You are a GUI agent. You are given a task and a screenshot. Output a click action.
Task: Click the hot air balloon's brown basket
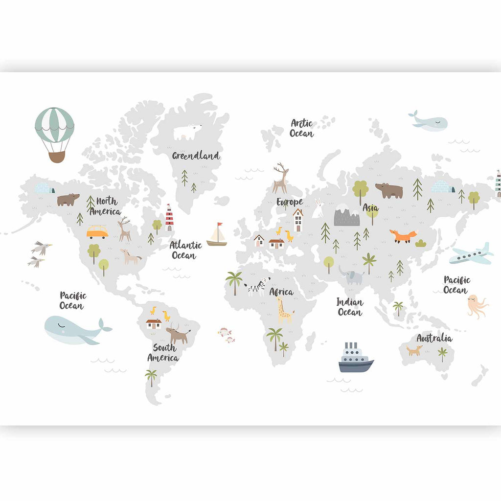(57, 156)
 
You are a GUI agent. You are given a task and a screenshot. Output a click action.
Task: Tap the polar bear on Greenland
(187, 132)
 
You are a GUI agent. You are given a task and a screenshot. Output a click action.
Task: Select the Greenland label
(196, 156)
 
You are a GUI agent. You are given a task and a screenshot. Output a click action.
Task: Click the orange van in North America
(97, 231)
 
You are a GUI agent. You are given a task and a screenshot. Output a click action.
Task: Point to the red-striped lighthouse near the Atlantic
(169, 218)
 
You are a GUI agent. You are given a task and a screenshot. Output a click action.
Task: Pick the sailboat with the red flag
(217, 235)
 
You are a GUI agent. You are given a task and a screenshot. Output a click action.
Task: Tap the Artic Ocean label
(301, 128)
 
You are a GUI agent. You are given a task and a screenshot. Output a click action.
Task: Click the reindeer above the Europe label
(281, 179)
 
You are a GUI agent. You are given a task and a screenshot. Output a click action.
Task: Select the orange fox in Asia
(403, 236)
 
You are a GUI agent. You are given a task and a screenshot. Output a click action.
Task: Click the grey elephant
(352, 276)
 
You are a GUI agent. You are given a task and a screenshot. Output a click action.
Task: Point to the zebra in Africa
(257, 286)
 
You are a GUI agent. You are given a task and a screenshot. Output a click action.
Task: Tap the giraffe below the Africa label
(284, 311)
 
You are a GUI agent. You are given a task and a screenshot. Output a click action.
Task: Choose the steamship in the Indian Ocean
(356, 359)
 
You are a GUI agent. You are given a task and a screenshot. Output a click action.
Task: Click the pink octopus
(476, 306)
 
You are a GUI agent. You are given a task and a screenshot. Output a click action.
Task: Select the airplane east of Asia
(471, 254)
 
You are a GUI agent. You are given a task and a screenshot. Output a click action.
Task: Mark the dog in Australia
(415, 350)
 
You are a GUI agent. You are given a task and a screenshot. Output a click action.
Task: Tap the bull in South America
(178, 335)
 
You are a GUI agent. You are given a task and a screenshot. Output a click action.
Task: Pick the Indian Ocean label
(349, 307)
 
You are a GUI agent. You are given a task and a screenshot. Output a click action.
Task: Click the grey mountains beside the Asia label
(346, 217)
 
